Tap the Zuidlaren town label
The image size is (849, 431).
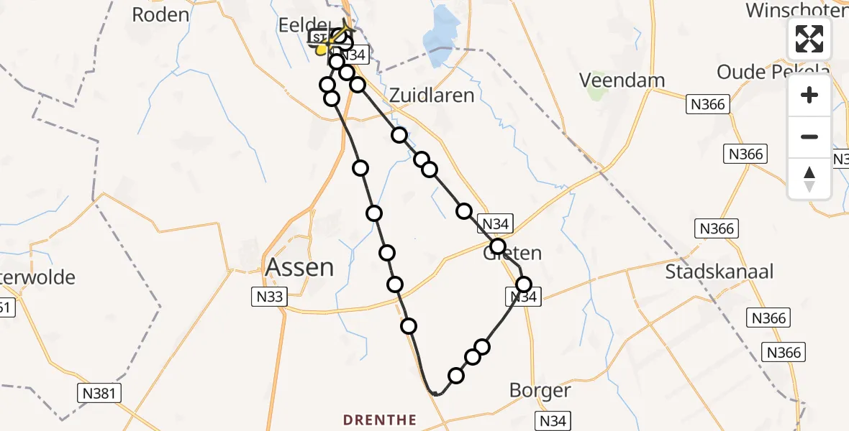click(432, 95)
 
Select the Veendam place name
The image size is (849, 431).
click(623, 79)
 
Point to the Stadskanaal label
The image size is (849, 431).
click(719, 272)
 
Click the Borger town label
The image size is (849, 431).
click(540, 391)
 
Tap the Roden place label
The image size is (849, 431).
click(161, 14)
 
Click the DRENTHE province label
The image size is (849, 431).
click(380, 420)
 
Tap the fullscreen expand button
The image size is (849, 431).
click(809, 39)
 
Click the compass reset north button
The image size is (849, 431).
click(809, 178)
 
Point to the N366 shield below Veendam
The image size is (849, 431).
click(707, 105)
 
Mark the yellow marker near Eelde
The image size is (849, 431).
click(321, 50)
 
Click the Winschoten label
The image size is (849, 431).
click(795, 10)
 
